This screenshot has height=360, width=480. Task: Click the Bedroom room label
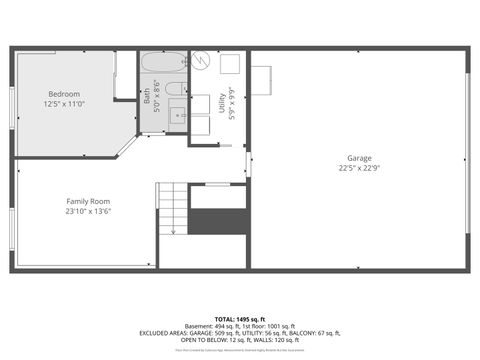(x=64, y=93)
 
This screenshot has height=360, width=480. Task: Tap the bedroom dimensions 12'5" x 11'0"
(x=64, y=104)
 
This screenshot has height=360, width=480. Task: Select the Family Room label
(x=88, y=200)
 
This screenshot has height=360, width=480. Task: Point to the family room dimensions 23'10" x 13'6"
(x=88, y=211)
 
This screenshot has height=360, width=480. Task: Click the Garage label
(x=359, y=157)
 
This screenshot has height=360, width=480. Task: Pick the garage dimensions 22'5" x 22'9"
(x=359, y=168)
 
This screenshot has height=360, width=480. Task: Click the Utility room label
(x=222, y=101)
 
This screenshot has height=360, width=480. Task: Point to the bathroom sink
(x=177, y=116)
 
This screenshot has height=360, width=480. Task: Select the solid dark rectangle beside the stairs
(x=218, y=221)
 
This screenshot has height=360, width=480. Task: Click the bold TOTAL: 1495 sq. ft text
(x=239, y=318)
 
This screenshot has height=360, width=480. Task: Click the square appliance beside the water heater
(x=229, y=62)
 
